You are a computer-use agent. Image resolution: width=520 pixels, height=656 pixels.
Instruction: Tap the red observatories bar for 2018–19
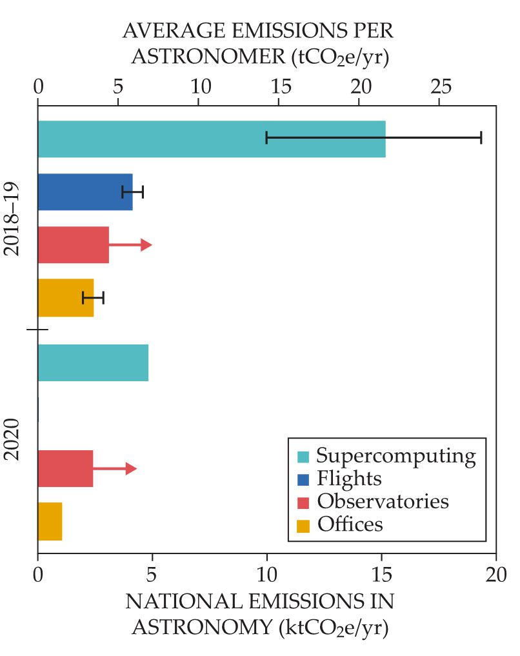[x=73, y=244]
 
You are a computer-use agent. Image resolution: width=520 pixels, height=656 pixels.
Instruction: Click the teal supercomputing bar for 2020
[x=93, y=363]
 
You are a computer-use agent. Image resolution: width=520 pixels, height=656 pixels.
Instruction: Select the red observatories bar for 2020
[x=65, y=468]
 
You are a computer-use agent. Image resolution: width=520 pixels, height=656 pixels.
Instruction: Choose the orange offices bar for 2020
[x=50, y=521]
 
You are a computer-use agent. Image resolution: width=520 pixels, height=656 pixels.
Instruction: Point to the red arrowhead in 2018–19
[x=146, y=244]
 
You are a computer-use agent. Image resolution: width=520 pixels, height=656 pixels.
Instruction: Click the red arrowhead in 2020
[x=131, y=468]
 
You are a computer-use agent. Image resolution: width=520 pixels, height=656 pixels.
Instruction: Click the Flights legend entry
[x=349, y=479]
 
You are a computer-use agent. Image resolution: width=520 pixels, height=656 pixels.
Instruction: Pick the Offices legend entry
[x=350, y=524]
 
